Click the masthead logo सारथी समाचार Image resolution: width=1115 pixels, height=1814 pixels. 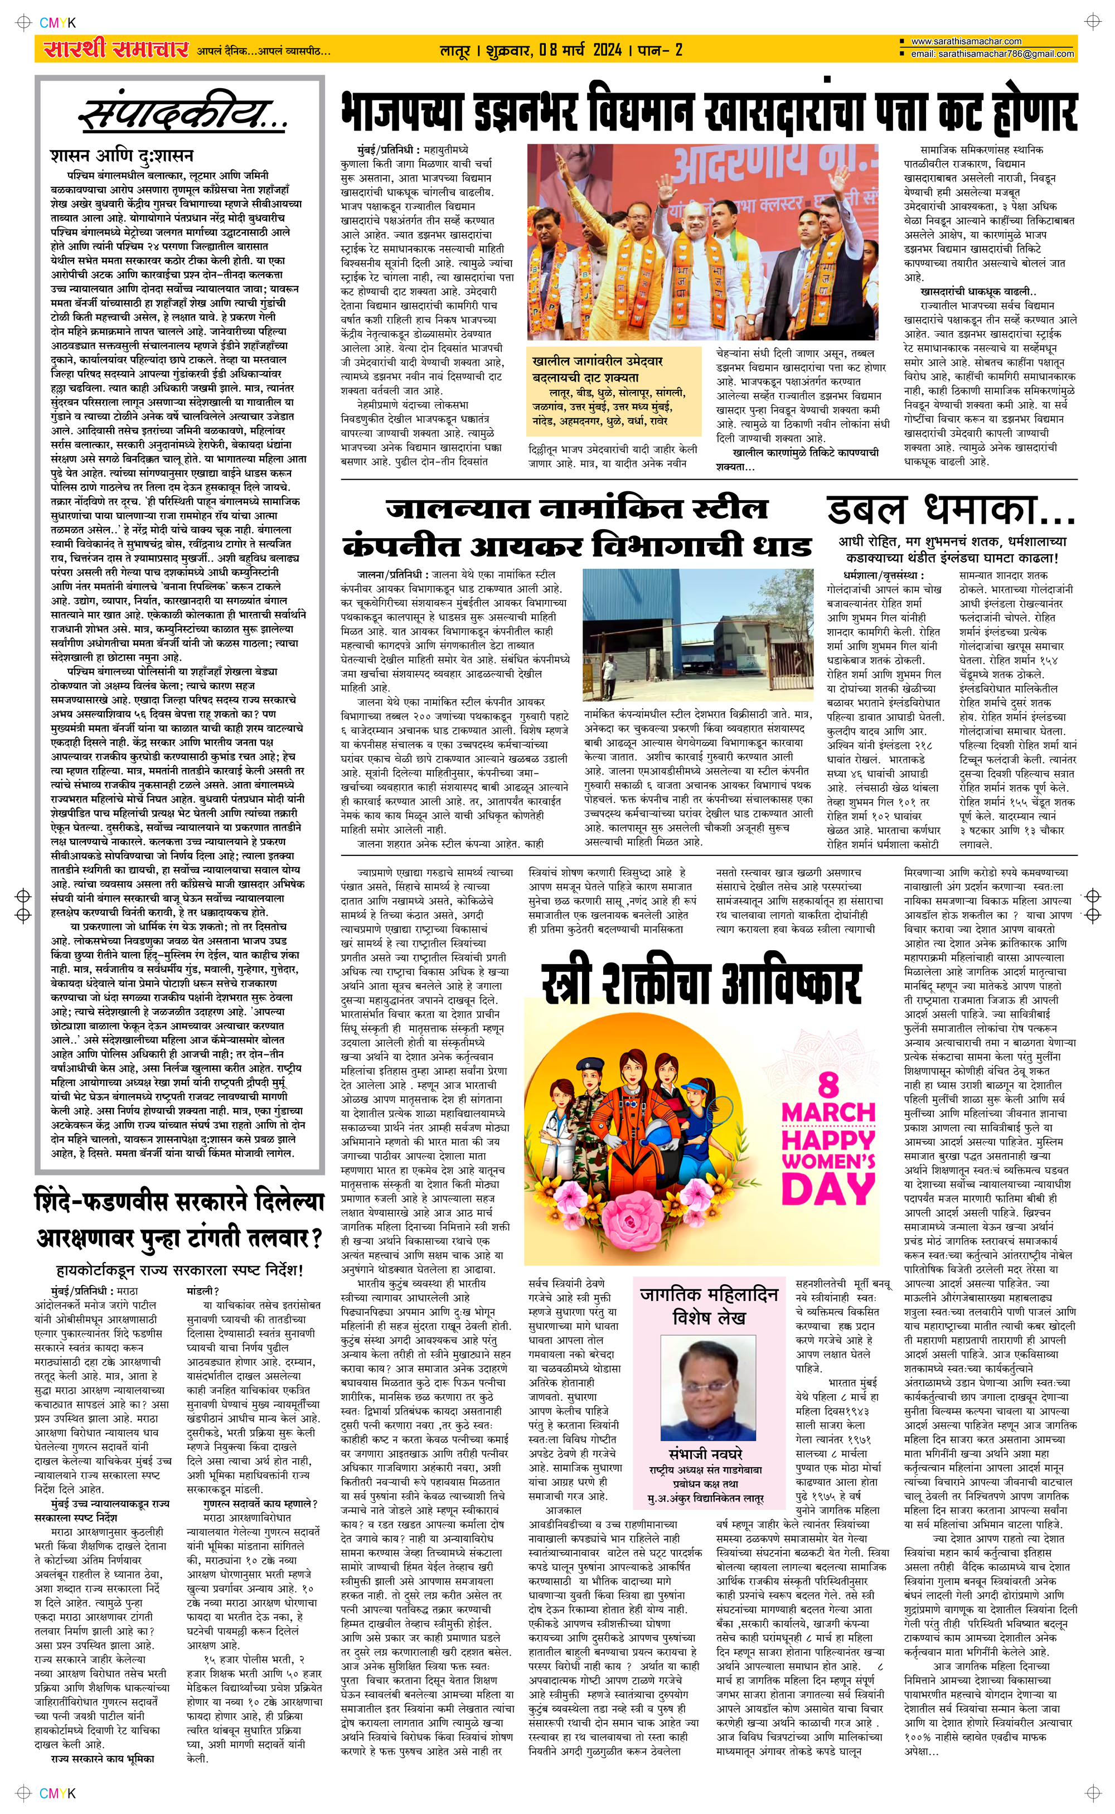116,50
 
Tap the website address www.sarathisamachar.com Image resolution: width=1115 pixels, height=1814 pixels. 966,41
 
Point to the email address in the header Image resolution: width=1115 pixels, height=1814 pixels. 992,54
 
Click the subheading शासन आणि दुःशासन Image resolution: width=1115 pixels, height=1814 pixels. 122,156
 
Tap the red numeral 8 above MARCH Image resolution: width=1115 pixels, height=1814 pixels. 828,1084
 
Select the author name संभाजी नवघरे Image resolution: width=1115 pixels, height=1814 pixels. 706,1453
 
